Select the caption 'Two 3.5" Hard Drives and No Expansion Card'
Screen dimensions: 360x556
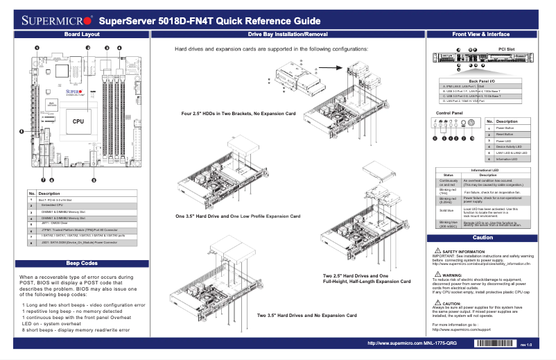[x=306, y=316]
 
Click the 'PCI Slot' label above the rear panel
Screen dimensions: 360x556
[x=506, y=49]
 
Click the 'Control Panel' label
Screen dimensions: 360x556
[x=449, y=112]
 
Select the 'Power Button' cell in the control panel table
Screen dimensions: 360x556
[x=505, y=128]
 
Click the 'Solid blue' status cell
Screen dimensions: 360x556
[x=448, y=209]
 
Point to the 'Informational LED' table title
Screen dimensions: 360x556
[x=484, y=170]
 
